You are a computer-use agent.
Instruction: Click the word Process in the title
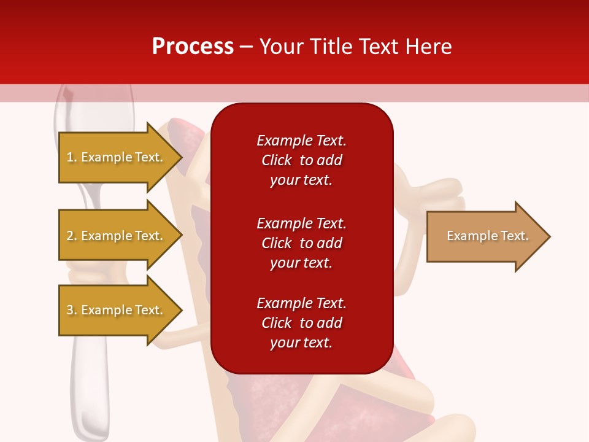(193, 47)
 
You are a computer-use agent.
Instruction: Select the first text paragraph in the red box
(301, 160)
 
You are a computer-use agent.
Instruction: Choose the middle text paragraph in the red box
(301, 243)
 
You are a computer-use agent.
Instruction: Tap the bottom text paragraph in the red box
(301, 323)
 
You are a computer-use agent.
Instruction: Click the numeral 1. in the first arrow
(72, 157)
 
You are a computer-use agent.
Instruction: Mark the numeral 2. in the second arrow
(72, 236)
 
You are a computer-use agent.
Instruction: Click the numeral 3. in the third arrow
(72, 310)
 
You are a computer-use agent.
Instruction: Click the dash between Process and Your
(247, 47)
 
